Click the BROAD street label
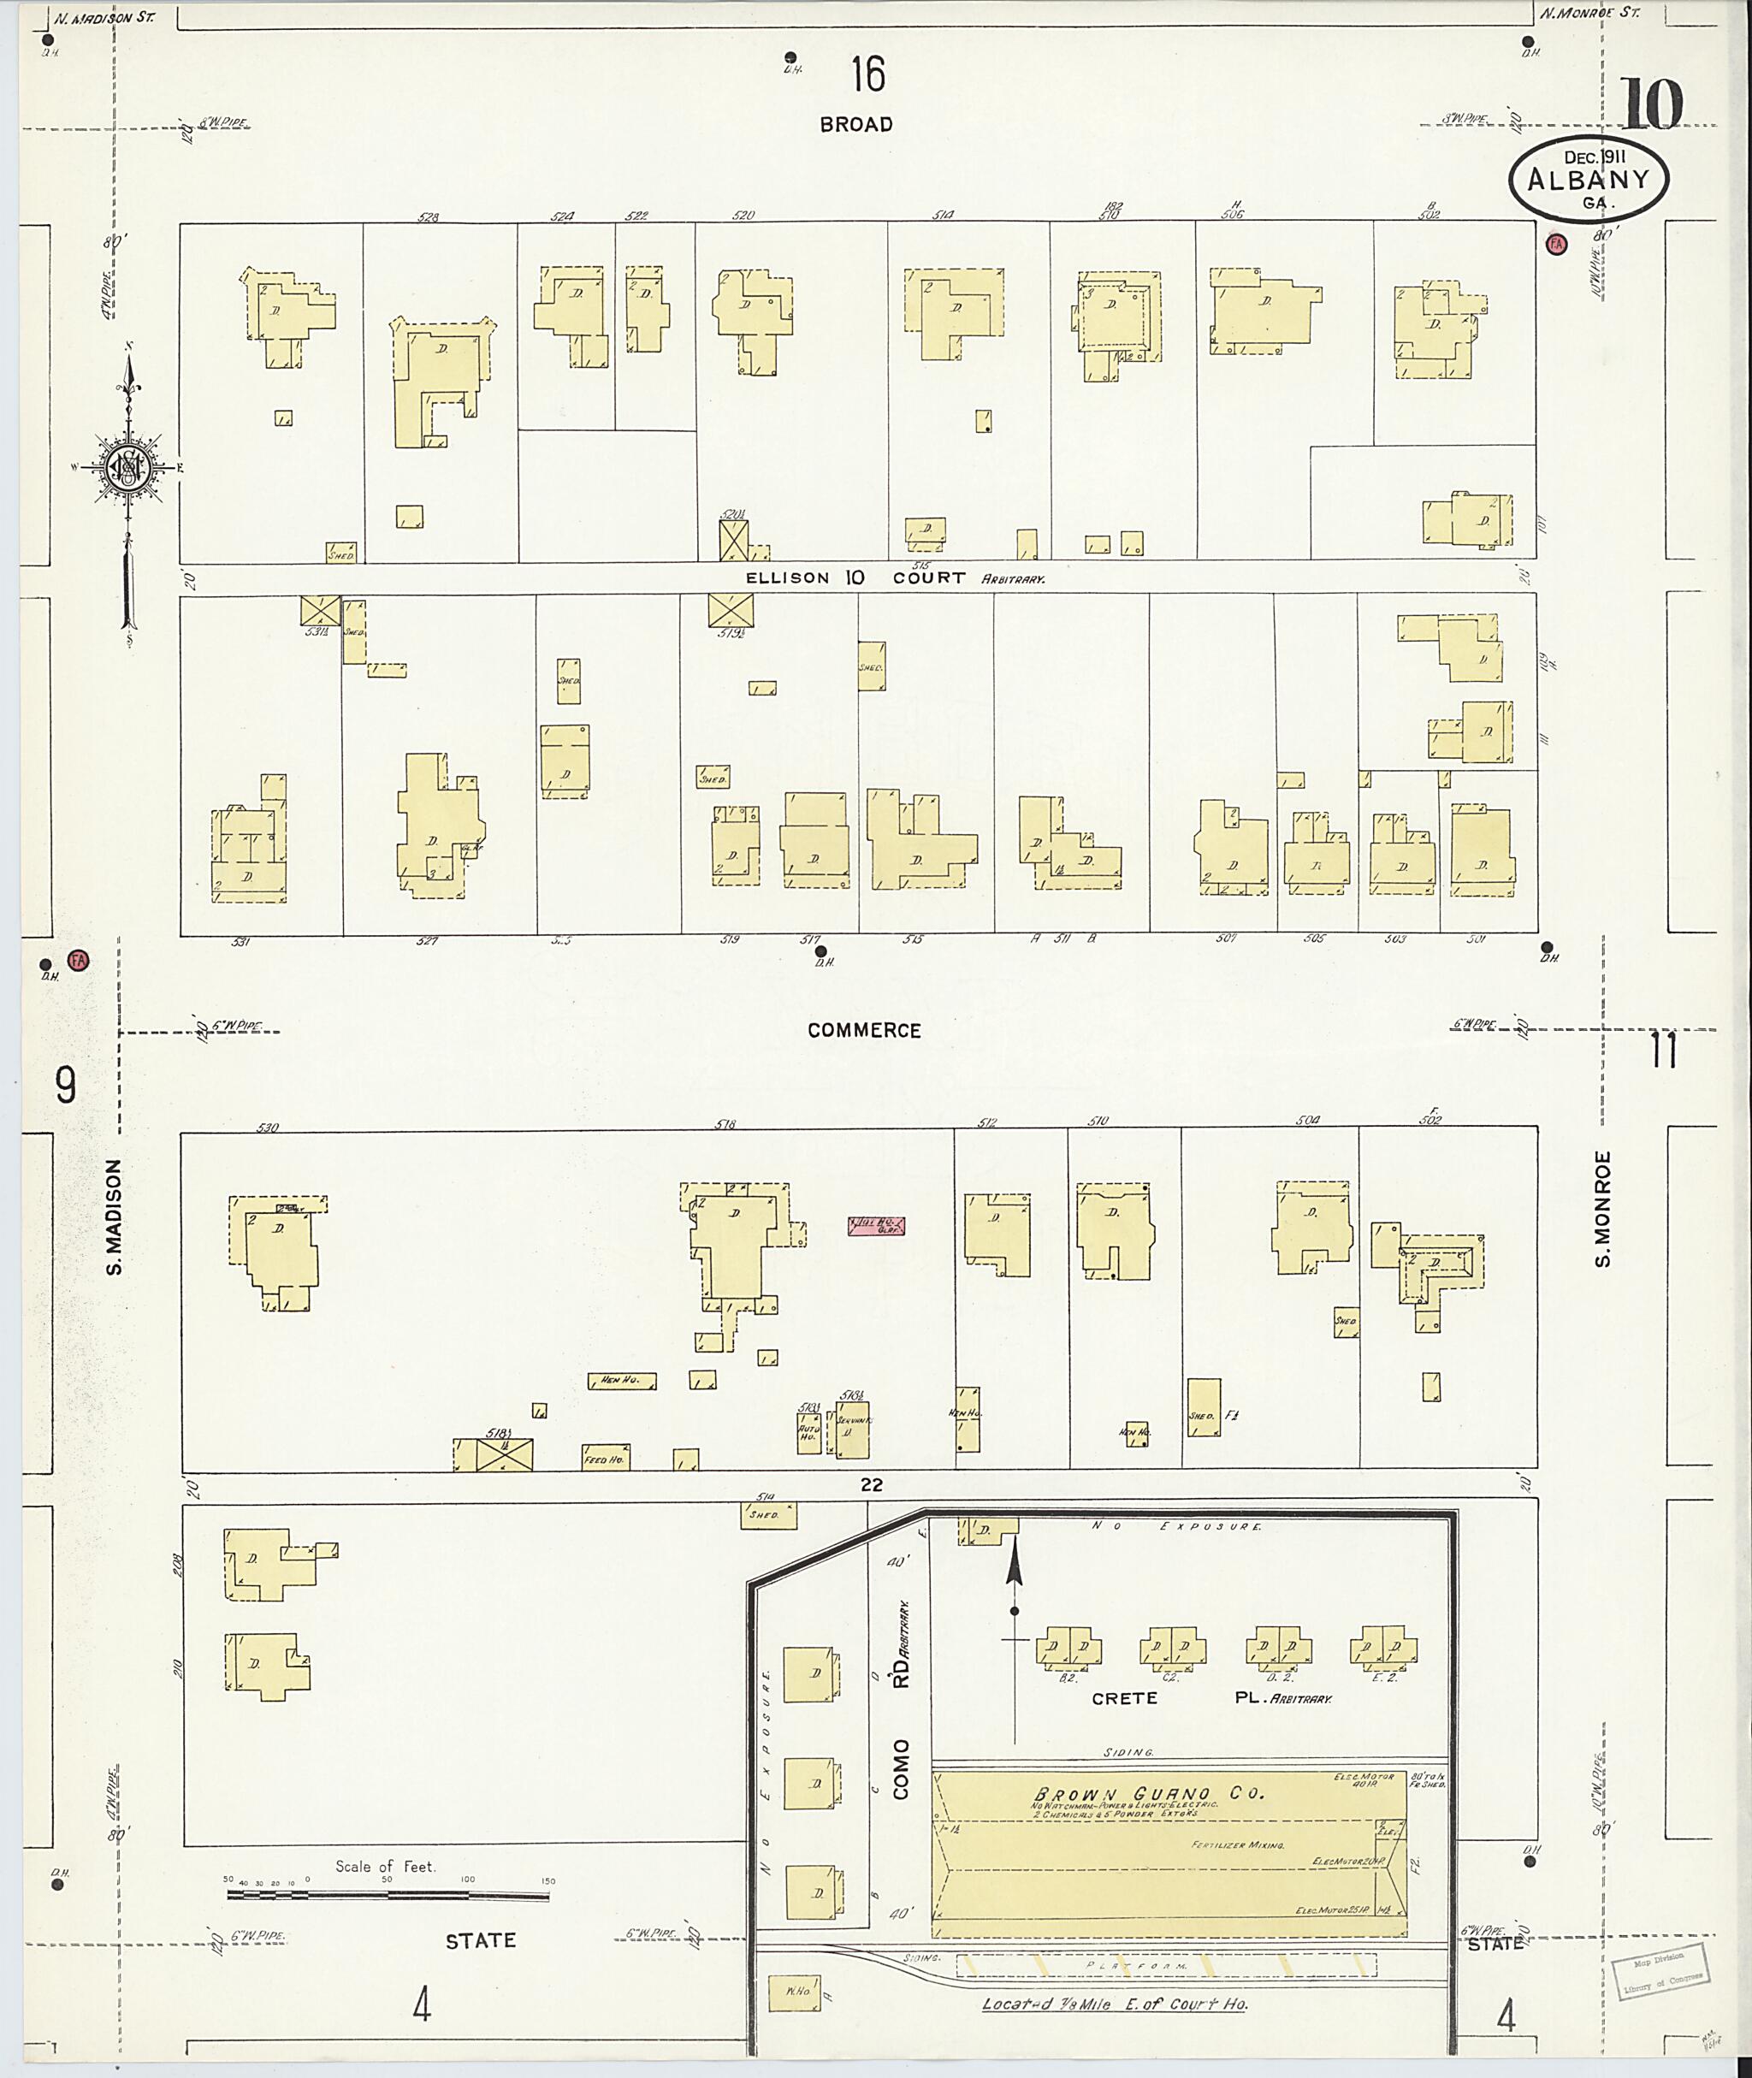click(x=855, y=125)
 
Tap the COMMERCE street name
click(x=863, y=1031)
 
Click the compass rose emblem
click(x=128, y=467)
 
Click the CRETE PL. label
click(x=1210, y=1698)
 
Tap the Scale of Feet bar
click(x=388, y=1895)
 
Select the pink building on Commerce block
click(x=875, y=1227)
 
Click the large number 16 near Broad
click(x=867, y=75)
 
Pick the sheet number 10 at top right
click(x=1653, y=105)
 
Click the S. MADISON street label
click(x=115, y=1217)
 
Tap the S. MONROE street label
click(x=1602, y=1209)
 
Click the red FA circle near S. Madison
click(x=79, y=961)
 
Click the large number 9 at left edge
click(x=64, y=1086)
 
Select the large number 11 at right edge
click(x=1664, y=1051)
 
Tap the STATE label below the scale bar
click(x=481, y=1941)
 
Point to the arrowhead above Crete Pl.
click(x=1014, y=1567)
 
